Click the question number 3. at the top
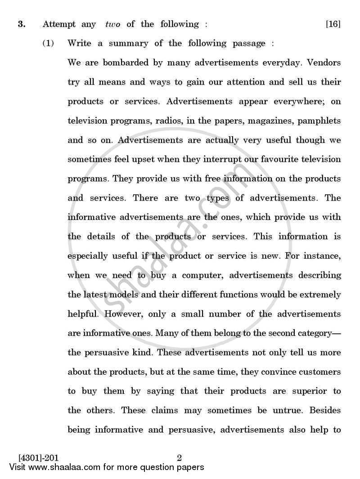coord(21,24)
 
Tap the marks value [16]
coord(333,24)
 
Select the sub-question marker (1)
coord(49,44)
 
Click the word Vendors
coord(324,63)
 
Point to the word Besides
coord(324,411)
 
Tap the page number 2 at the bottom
coord(179,459)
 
